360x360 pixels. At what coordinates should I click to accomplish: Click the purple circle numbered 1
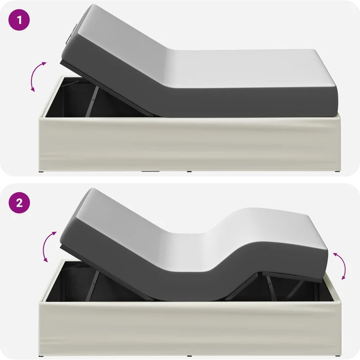coord(19,20)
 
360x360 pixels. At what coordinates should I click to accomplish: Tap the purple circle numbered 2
coord(19,202)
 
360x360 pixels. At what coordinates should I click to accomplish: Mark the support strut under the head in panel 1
coord(92,101)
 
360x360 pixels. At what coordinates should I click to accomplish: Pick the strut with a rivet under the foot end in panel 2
coord(271,287)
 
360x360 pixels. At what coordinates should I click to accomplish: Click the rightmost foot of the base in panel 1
coord(337,172)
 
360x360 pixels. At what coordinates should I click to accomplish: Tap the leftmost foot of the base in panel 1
coord(41,172)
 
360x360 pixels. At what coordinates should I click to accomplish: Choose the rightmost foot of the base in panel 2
coord(337,356)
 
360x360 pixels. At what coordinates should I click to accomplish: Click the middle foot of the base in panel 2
coord(189,356)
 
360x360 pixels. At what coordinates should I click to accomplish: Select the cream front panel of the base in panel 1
coord(190,143)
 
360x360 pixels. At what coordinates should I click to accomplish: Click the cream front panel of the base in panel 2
coord(190,328)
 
